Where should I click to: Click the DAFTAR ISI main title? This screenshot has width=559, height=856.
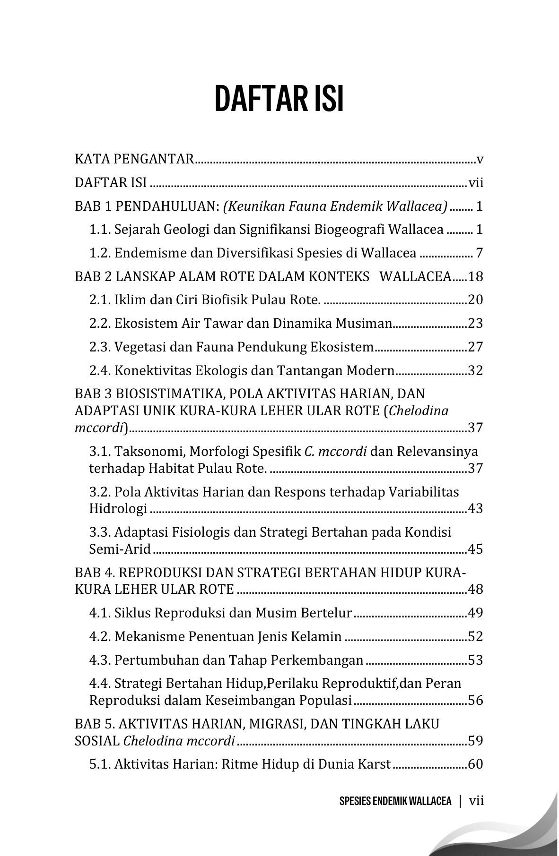pyautogui.click(x=279, y=99)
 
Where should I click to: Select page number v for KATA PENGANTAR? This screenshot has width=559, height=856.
pyautogui.click(x=480, y=159)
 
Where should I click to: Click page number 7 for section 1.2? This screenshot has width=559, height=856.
pyautogui.click(x=479, y=253)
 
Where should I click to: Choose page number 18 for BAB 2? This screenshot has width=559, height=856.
pyautogui.click(x=475, y=276)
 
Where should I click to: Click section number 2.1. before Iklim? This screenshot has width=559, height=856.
pyautogui.click(x=100, y=300)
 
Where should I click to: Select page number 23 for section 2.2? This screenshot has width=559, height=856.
pyautogui.click(x=475, y=324)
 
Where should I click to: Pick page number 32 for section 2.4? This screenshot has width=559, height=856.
pyautogui.click(x=475, y=370)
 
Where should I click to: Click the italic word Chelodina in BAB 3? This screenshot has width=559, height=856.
pyautogui.click(x=418, y=411)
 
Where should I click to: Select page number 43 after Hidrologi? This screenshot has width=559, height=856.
pyautogui.click(x=475, y=509)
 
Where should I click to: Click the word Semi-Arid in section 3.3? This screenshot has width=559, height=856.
pyautogui.click(x=120, y=549)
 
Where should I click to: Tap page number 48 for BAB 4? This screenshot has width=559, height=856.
pyautogui.click(x=475, y=590)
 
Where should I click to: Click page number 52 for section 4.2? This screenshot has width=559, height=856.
pyautogui.click(x=475, y=637)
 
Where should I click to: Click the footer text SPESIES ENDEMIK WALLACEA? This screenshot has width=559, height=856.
pyautogui.click(x=395, y=801)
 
